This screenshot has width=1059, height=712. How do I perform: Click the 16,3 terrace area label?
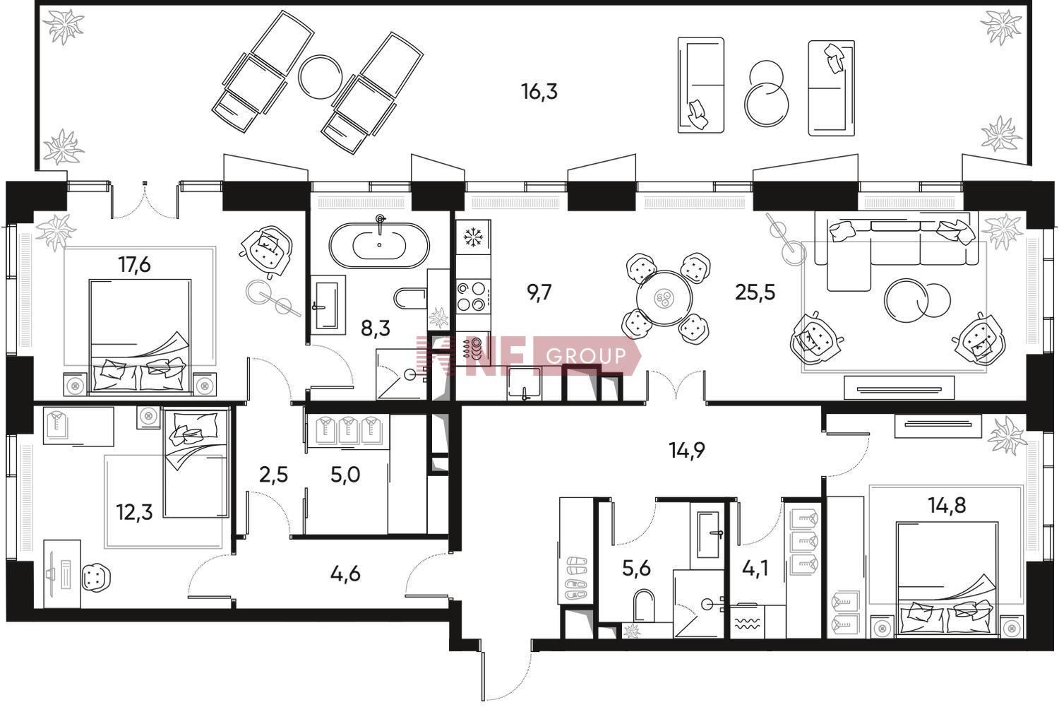coord(539,92)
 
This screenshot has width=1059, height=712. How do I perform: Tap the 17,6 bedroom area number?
coord(135,265)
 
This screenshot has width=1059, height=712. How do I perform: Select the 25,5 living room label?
coord(755,293)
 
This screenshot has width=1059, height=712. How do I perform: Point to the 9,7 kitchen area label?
coord(539,293)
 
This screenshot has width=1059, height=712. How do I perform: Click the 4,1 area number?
coord(754,568)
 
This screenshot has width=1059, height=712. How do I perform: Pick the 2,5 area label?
coord(273,475)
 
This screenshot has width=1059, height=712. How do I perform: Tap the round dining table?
coord(664,298)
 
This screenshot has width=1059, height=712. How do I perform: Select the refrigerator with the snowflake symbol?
coord(473,237)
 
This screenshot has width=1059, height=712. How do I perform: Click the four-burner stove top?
coord(473,296)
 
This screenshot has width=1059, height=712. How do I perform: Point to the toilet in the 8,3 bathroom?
coord(410,298)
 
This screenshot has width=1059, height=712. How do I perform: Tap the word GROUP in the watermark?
coord(586,355)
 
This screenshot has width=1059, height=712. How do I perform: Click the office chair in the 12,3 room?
coord(97,578)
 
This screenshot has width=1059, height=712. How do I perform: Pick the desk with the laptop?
coord(62,574)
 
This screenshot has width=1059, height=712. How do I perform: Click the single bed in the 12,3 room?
coord(196,463)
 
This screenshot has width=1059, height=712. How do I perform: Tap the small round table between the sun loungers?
coord(321,77)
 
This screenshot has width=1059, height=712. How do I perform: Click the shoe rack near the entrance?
coord(576,550)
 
